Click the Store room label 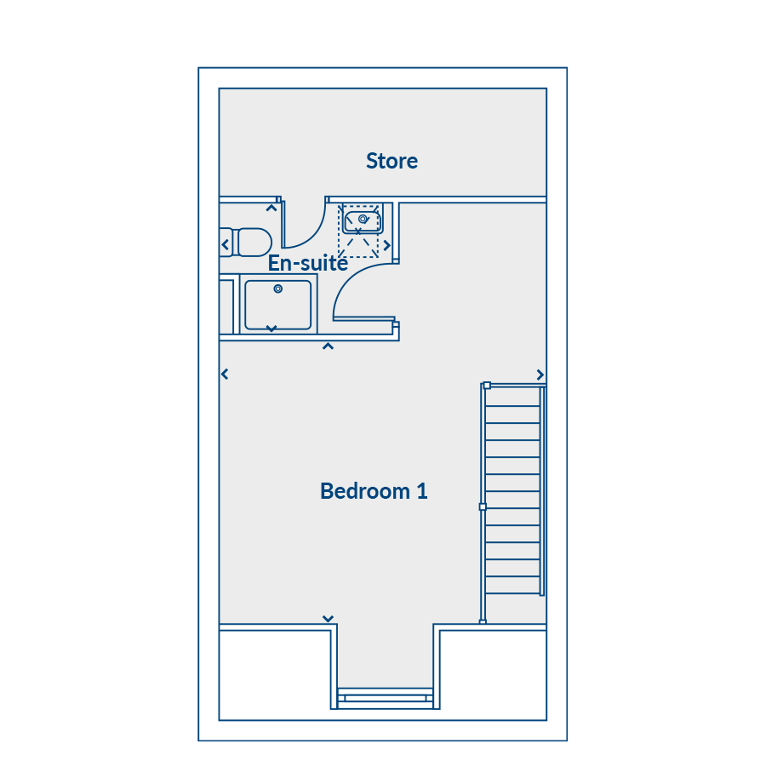click(x=392, y=161)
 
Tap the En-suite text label click(x=308, y=263)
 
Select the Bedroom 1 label click(x=374, y=491)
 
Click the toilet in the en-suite click(x=246, y=243)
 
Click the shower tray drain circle click(x=278, y=289)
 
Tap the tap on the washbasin click(x=363, y=219)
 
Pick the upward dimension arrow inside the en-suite click(x=272, y=209)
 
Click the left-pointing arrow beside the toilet click(x=226, y=244)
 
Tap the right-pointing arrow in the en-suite click(x=387, y=245)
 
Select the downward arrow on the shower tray click(x=272, y=329)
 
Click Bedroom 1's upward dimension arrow click(x=329, y=346)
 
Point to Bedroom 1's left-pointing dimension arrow click(x=225, y=374)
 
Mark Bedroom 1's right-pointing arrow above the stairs click(x=540, y=374)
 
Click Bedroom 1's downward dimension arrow click(x=329, y=619)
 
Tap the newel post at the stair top click(x=487, y=386)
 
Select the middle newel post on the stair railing click(x=483, y=507)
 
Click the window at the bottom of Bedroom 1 click(x=386, y=698)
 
